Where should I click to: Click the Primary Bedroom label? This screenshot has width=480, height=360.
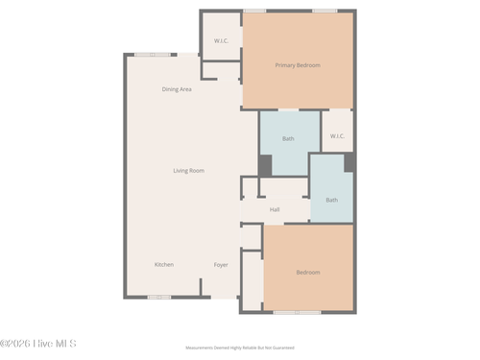[298, 65]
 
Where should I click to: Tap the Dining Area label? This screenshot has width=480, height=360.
[177, 89]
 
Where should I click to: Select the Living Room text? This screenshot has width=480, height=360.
[188, 171]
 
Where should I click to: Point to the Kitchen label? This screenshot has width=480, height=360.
[164, 264]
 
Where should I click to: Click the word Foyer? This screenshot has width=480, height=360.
[221, 264]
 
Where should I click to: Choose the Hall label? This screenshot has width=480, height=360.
[275, 209]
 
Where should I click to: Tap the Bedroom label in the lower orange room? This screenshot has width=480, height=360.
[308, 273]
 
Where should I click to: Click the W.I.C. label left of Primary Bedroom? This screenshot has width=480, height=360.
[221, 40]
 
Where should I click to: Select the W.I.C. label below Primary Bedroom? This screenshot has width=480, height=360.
[337, 136]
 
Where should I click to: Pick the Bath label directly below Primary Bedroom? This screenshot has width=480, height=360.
[288, 139]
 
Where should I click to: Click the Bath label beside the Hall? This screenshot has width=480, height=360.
[331, 200]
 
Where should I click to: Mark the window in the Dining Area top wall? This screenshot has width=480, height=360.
[153, 55]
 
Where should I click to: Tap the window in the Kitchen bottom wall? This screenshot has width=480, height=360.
[159, 297]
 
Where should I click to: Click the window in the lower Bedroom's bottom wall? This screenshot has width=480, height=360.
[297, 312]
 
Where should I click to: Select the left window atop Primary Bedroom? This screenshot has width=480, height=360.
[254, 11]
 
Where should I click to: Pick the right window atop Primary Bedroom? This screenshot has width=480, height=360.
[324, 11]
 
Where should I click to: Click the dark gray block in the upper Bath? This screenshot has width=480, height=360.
[265, 165]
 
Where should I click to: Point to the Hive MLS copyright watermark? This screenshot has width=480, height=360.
[38, 343]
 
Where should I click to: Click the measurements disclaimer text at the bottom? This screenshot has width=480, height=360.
[239, 348]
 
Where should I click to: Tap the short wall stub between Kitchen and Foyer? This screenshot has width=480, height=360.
[200, 288]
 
